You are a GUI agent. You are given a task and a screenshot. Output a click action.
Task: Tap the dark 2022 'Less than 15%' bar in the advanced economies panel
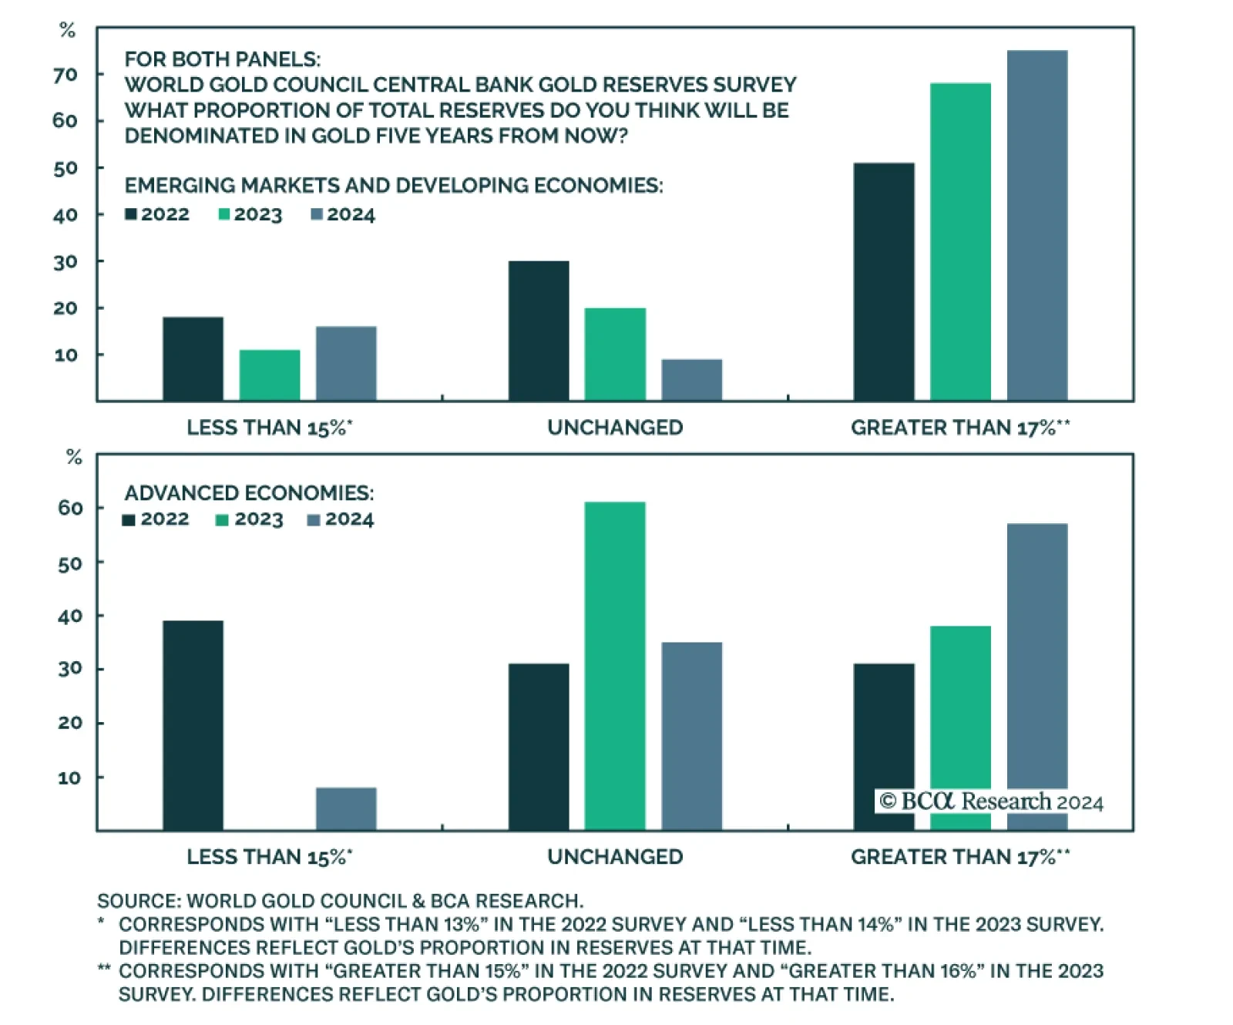[x=193, y=725]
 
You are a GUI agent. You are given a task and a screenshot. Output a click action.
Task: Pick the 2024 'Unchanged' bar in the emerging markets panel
[x=691, y=379]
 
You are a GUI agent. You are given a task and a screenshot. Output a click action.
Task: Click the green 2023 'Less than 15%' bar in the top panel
[x=269, y=375]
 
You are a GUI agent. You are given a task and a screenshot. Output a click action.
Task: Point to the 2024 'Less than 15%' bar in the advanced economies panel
[x=346, y=808]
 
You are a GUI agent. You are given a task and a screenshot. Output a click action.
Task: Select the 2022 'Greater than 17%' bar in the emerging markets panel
[x=883, y=281]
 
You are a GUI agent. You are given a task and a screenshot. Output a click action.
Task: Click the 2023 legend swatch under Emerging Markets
[x=224, y=214]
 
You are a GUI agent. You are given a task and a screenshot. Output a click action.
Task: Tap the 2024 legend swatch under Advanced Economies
[x=314, y=520]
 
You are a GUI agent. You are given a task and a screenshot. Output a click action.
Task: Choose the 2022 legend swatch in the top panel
[x=131, y=214]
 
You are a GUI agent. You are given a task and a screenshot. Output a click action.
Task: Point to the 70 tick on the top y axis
[x=66, y=75]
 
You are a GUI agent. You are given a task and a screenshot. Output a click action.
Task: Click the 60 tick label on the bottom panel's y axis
[x=70, y=508]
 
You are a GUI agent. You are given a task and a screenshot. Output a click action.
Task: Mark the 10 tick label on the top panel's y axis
[x=66, y=355]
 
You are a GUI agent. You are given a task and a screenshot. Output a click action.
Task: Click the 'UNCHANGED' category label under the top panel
[x=615, y=428]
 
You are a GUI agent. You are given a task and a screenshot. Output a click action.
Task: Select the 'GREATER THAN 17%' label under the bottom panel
[x=959, y=857]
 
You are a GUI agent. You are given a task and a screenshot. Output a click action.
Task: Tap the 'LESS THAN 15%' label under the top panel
[x=269, y=428]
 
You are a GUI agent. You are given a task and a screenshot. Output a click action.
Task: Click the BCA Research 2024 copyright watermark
[x=991, y=802]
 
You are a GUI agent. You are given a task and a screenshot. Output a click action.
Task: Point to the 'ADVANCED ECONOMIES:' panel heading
[x=249, y=492]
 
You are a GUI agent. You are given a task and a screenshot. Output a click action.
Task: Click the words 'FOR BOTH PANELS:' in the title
[x=223, y=59]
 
